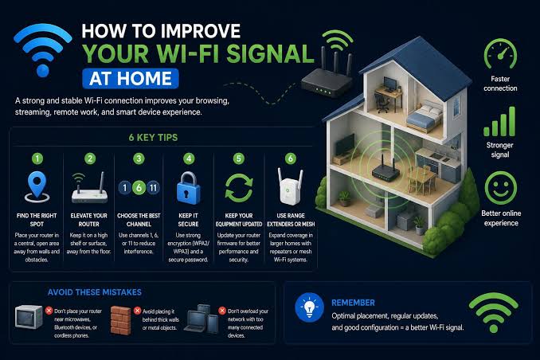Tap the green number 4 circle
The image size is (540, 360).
[189, 158]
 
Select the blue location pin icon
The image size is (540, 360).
[37, 186]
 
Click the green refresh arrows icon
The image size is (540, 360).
[239, 187]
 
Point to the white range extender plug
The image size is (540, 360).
[291, 186]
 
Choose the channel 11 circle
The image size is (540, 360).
[153, 188]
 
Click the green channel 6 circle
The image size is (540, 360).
[139, 188]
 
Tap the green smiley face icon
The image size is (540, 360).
[501, 188]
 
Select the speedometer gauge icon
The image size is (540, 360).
[500, 53]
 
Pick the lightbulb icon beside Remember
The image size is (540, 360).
[309, 307]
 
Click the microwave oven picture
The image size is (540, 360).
[29, 317]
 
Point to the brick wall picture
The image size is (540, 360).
[120, 321]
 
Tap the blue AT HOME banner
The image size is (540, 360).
[131, 79]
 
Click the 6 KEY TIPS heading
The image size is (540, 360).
[153, 138]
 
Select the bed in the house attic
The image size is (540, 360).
[425, 116]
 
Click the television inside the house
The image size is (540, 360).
[345, 145]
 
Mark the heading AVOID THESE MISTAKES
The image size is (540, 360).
[95, 292]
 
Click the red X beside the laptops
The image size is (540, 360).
[222, 311]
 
